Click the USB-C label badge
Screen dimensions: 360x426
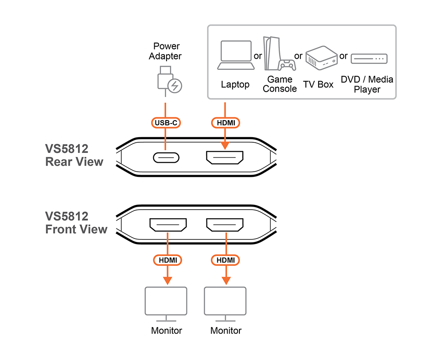click(166, 123)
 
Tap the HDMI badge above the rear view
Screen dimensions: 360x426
click(226, 123)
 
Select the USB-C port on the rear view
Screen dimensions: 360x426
click(166, 158)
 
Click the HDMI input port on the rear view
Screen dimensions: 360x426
click(225, 158)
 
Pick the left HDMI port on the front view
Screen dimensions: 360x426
click(167, 225)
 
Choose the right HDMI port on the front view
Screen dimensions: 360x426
click(225, 225)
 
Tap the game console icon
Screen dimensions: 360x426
click(279, 55)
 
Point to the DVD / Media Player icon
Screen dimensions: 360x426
click(369, 59)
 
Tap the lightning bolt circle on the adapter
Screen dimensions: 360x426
click(174, 86)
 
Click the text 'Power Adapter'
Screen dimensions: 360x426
click(167, 51)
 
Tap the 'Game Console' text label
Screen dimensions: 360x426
click(279, 84)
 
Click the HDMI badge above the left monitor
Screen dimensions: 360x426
click(167, 259)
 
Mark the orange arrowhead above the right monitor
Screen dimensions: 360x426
click(226, 280)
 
